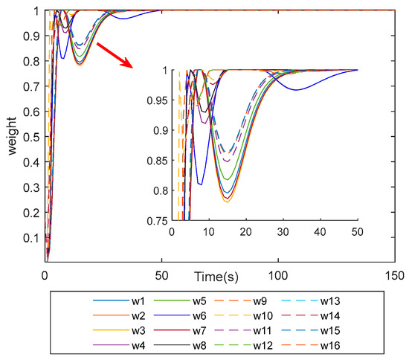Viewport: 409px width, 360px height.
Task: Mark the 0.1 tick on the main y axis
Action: (33, 237)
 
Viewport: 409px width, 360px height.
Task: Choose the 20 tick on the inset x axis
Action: (246, 231)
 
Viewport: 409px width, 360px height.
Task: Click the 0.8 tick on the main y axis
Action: (33, 60)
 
